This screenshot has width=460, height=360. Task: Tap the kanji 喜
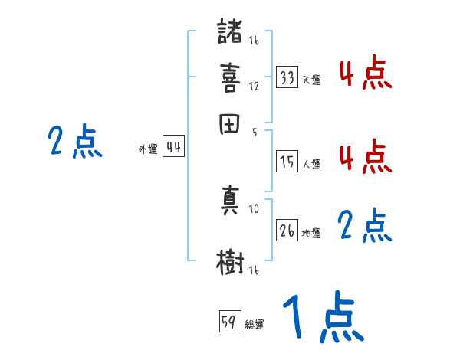point(230,78)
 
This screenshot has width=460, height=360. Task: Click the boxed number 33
point(287,77)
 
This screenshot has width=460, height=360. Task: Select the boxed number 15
point(287,161)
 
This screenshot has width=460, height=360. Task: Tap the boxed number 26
point(287,231)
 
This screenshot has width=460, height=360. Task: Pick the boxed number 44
point(173,148)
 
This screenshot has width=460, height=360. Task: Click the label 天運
point(311,80)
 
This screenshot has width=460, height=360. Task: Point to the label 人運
point(311,163)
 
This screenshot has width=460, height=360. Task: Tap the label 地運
point(311,233)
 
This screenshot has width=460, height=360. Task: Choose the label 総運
point(255,324)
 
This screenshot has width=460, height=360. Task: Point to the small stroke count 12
point(254,86)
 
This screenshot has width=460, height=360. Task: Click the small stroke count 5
point(254,130)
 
